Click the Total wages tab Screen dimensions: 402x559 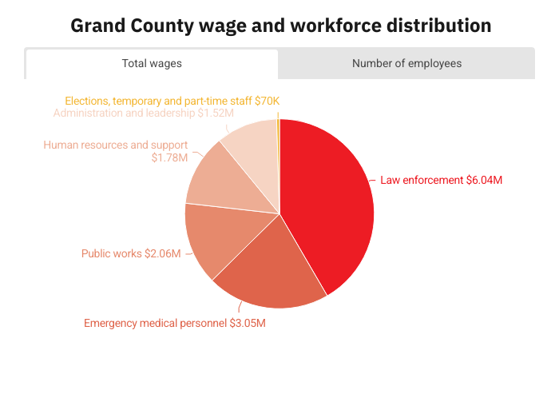pyautogui.click(x=152, y=63)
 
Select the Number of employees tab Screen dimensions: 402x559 pyautogui.click(x=406, y=63)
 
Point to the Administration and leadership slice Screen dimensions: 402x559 pyautogui.click(x=252, y=148)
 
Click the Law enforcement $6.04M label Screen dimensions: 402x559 pyautogui.click(x=441, y=181)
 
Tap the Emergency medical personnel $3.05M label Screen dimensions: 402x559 pyautogui.click(x=175, y=324)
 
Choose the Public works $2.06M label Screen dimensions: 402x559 pyautogui.click(x=131, y=254)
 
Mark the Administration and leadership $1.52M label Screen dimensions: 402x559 pyautogui.click(x=144, y=113)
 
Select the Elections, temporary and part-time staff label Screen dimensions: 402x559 pyautogui.click(x=172, y=101)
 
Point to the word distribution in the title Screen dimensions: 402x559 pyautogui.click(x=438, y=26)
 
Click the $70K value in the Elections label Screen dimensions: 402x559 pyautogui.click(x=268, y=101)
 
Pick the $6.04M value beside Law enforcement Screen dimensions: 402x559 pyautogui.click(x=485, y=181)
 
